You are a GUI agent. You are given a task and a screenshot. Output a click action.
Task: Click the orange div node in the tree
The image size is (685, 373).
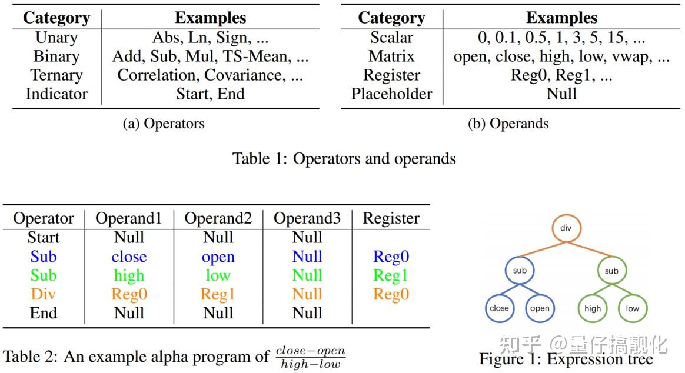pyautogui.click(x=566, y=228)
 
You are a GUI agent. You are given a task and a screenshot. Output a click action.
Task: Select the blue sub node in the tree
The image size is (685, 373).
pyautogui.click(x=519, y=271)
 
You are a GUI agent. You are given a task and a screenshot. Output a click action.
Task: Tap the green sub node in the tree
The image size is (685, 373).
pyautogui.click(x=611, y=271)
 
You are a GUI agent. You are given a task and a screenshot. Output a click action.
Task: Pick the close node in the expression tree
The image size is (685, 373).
pyautogui.click(x=499, y=308)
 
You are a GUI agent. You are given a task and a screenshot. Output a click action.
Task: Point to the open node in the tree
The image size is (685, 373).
pyautogui.click(x=540, y=308)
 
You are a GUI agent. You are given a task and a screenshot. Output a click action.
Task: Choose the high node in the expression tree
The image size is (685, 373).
pyautogui.click(x=593, y=308)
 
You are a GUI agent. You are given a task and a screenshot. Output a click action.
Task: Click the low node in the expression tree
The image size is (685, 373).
pyautogui.click(x=633, y=308)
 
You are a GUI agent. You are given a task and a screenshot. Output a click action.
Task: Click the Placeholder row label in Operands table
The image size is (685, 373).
pyautogui.click(x=391, y=94)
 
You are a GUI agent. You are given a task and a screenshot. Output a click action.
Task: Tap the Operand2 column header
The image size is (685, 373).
pyautogui.click(x=218, y=218)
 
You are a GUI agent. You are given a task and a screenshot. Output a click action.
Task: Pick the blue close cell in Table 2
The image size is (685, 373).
pyautogui.click(x=129, y=257)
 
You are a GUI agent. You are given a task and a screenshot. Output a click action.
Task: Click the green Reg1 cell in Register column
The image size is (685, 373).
pyautogui.click(x=391, y=275)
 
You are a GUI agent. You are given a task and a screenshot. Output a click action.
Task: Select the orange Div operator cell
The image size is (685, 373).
pyautogui.click(x=44, y=294)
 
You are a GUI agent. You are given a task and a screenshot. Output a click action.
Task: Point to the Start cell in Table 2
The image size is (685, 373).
pyautogui.click(x=44, y=238)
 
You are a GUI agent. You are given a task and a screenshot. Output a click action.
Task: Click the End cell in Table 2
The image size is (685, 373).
pyautogui.click(x=44, y=313)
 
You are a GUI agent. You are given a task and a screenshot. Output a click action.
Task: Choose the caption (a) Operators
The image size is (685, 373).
pyautogui.click(x=164, y=124)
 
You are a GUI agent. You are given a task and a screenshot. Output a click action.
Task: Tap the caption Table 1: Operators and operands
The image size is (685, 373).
pyautogui.click(x=344, y=158)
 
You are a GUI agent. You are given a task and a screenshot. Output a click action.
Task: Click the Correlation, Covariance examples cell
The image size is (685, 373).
pyautogui.click(x=210, y=75)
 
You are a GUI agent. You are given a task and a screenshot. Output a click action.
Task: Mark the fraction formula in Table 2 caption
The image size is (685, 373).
pyautogui.click(x=310, y=357)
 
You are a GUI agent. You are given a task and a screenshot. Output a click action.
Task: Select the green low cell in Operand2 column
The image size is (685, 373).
pyautogui.click(x=218, y=275)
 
